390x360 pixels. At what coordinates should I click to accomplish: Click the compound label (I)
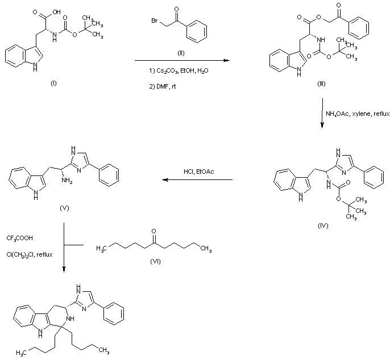click(54, 83)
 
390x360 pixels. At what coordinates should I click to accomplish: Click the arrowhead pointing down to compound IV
click(322, 126)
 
